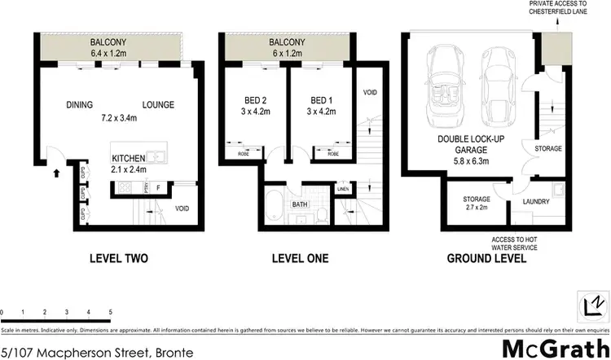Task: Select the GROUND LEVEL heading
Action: (486, 259)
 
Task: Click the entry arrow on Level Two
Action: (55, 173)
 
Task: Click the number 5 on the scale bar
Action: (109, 312)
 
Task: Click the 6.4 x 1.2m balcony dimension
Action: (108, 55)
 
